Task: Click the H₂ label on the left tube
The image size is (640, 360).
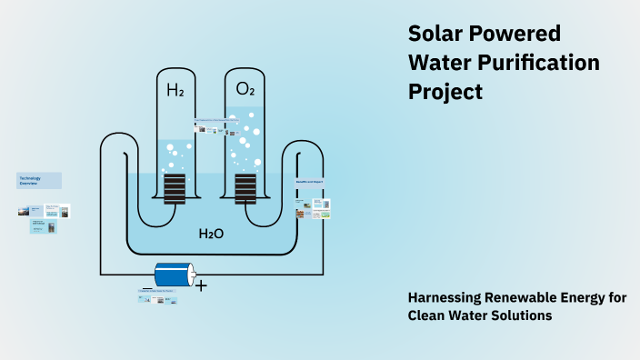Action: click(x=175, y=90)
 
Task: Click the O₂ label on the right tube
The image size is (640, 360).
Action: click(x=245, y=89)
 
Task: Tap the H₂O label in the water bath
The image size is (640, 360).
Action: click(x=211, y=234)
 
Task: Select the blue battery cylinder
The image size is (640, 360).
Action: click(x=174, y=274)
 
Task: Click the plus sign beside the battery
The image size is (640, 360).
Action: click(x=202, y=285)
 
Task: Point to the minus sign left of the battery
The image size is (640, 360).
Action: click(x=147, y=288)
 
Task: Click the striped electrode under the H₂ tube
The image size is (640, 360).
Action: click(x=175, y=188)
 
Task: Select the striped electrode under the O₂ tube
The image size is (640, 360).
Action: click(x=245, y=188)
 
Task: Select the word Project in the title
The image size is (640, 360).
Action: click(x=445, y=92)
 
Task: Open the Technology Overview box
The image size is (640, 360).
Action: click(x=38, y=180)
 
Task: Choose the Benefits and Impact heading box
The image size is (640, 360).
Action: click(x=309, y=182)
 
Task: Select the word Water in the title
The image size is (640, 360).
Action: click(x=439, y=63)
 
